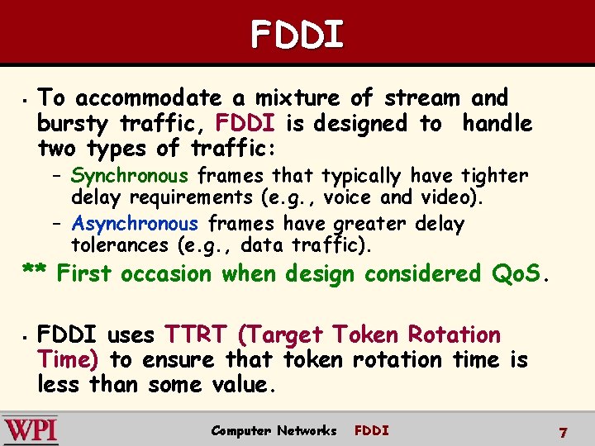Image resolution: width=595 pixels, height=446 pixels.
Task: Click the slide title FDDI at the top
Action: pos(297,34)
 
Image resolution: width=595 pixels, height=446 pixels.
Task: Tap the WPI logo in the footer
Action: pos(31,430)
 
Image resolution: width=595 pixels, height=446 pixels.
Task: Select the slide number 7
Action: pos(563,433)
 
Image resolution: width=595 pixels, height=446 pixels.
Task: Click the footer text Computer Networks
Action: pos(274,430)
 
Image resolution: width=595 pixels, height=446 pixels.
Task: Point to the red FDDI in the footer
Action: pos(371,430)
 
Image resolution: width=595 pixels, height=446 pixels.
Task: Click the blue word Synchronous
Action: pos(130,175)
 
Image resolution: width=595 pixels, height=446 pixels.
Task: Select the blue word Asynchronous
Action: pos(135,224)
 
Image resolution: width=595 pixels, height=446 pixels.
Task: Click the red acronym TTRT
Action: pos(197,334)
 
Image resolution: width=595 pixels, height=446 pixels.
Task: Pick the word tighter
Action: pos(495,175)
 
